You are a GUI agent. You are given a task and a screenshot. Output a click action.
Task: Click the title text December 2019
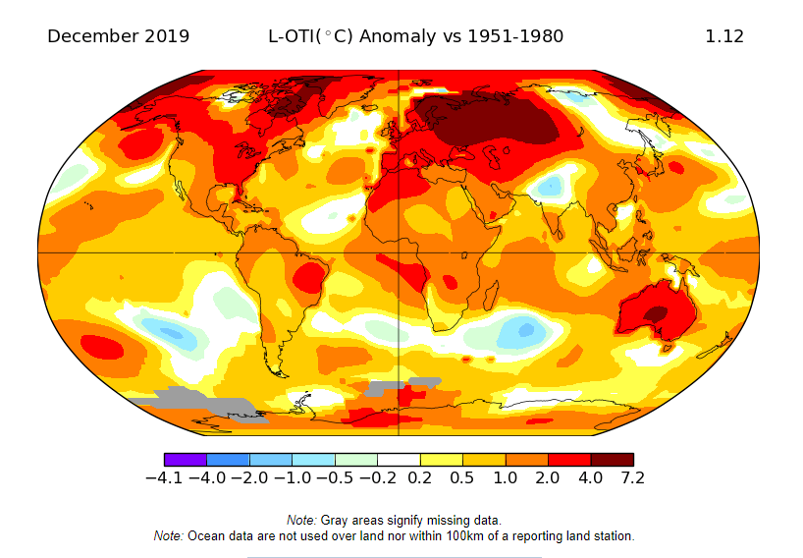118,36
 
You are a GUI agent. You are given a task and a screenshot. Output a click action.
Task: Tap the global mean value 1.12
724,36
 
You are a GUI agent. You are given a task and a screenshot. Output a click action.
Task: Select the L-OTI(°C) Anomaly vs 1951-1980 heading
416,36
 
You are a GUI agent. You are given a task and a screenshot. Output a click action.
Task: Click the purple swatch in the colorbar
186,459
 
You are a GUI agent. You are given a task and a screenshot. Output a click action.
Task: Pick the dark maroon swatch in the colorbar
612,459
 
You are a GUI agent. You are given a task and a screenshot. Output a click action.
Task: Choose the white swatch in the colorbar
399,459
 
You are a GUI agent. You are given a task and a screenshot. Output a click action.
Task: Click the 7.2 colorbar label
632,478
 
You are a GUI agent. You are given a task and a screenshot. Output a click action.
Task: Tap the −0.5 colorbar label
334,478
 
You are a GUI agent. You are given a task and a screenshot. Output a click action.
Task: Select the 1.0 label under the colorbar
505,478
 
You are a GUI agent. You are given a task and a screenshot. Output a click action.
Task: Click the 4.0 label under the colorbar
590,478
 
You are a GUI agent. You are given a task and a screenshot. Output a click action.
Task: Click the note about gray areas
394,520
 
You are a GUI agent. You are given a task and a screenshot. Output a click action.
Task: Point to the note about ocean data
394,536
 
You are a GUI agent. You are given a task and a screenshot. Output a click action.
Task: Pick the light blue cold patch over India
551,185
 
